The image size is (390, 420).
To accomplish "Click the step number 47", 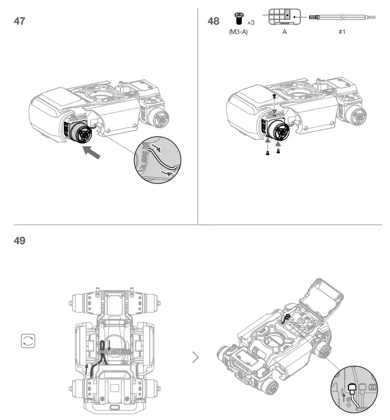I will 19,21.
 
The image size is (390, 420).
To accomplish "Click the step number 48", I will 213,21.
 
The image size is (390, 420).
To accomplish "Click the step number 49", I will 19,240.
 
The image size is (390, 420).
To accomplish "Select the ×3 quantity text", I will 251,22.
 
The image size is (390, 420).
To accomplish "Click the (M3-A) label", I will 238,32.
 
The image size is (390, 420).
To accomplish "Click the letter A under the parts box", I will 284,32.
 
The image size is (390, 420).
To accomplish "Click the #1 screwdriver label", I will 341,32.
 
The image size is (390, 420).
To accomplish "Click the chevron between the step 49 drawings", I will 196,358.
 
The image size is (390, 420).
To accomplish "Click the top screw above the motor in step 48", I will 275,96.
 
